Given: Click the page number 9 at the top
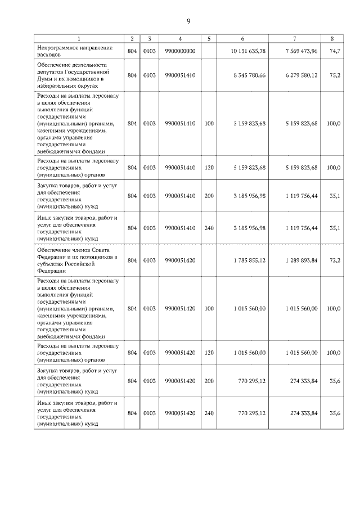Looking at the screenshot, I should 188,21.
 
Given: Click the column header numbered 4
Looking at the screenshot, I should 180,38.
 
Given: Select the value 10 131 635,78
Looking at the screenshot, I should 248,51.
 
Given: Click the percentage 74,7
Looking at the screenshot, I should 334,51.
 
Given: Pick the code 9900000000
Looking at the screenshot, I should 180,51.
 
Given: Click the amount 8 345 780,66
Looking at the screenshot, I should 249,75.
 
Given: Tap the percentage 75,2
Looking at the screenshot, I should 334,75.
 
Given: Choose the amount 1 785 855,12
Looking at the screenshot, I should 249,260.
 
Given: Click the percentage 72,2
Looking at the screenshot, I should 334,260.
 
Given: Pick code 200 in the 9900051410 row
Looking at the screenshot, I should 209,195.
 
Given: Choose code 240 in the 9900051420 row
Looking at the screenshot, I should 209,413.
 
